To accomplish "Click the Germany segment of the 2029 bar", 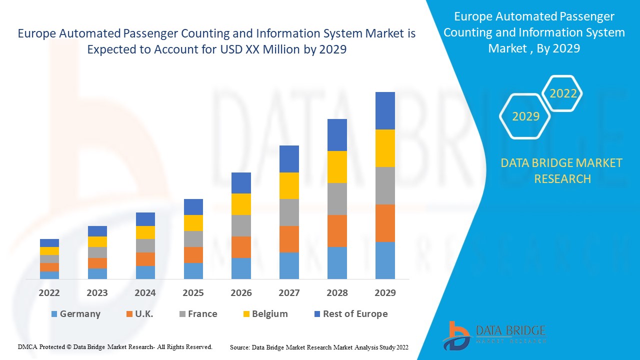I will (x=385, y=260).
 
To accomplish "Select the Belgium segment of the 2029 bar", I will (x=385, y=148).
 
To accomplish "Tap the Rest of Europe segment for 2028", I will (x=337, y=135).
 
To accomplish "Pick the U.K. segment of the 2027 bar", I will (x=289, y=239).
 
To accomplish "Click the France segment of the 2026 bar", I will (x=241, y=225).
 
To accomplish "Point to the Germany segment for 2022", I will (x=49, y=275).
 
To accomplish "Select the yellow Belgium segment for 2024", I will (x=145, y=232).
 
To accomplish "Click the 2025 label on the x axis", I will (x=193, y=293).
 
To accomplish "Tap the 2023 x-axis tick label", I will (x=97, y=293).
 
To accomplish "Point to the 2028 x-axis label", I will (x=337, y=293).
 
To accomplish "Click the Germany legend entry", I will (x=75, y=314).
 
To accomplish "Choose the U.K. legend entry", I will (x=139, y=314).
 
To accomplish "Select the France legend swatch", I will (x=182, y=314).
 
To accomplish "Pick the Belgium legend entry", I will (x=264, y=314).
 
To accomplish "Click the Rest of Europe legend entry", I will (x=350, y=314).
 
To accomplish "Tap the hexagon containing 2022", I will (x=563, y=93).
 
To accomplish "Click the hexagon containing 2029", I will (x=525, y=116).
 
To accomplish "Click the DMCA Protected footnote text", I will (x=115, y=346).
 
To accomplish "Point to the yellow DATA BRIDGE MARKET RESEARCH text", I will (x=562, y=170).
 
